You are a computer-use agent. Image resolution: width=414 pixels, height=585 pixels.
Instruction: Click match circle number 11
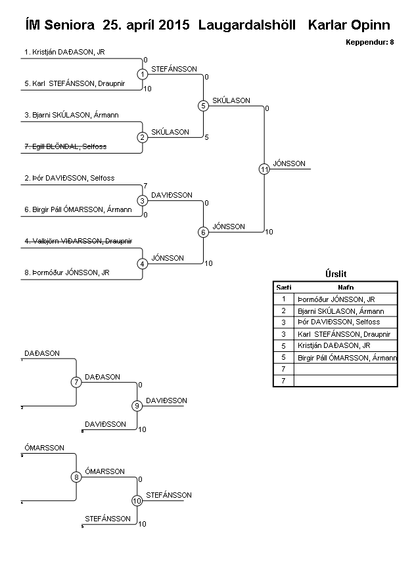(264, 169)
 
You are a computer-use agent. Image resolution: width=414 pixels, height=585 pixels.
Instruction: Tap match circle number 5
(203, 106)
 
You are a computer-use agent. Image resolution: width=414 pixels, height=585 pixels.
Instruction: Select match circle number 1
(143, 74)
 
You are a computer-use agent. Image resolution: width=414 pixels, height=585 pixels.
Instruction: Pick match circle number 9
(137, 406)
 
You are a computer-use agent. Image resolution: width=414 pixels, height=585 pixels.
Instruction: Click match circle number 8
(76, 477)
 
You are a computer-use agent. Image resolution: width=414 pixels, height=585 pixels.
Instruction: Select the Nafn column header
(346, 287)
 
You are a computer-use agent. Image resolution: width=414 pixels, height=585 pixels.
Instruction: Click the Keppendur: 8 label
(369, 42)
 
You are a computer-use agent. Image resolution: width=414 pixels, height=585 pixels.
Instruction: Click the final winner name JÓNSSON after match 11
(290, 163)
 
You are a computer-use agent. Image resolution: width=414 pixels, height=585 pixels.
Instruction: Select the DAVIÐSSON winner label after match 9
(166, 401)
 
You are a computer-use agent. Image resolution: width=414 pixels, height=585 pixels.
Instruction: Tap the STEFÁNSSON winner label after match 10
(169, 495)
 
